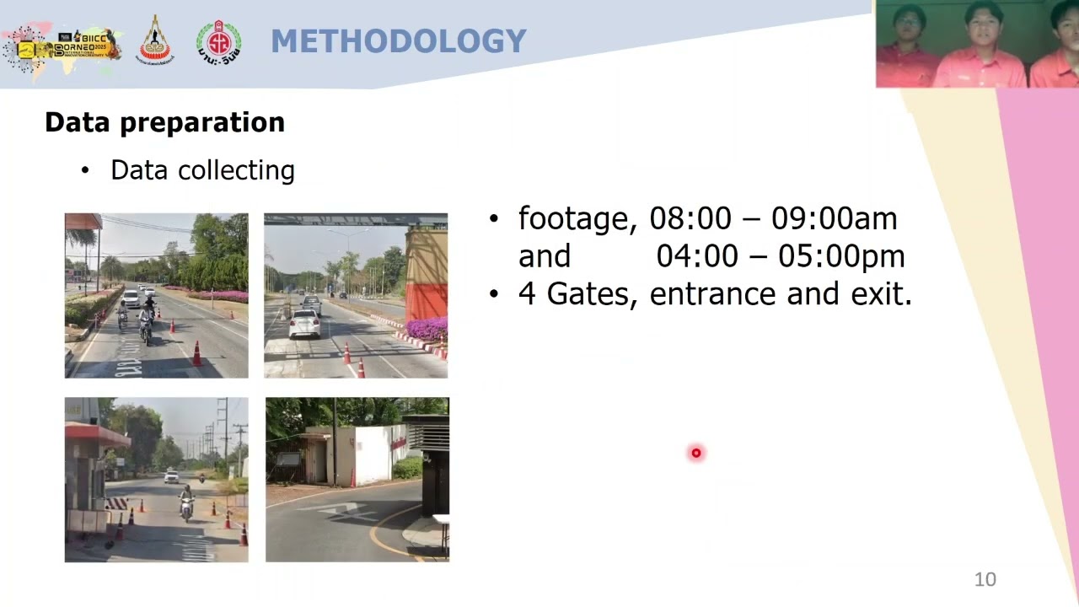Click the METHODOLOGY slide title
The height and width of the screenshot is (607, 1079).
pyautogui.click(x=398, y=41)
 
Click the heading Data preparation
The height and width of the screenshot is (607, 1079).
pyautogui.click(x=164, y=122)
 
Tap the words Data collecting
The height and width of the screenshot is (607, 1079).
pyautogui.click(x=202, y=170)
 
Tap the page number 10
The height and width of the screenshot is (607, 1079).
pyautogui.click(x=985, y=579)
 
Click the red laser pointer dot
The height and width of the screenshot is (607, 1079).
pyautogui.click(x=695, y=454)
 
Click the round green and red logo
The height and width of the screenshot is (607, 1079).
pyautogui.click(x=218, y=42)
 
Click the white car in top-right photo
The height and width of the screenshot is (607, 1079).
pyautogui.click(x=304, y=323)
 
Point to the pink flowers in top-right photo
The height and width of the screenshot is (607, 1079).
pyautogui.click(x=427, y=329)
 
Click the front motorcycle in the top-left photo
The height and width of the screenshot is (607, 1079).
pyautogui.click(x=147, y=324)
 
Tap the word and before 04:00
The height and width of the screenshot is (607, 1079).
pyautogui.click(x=544, y=256)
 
